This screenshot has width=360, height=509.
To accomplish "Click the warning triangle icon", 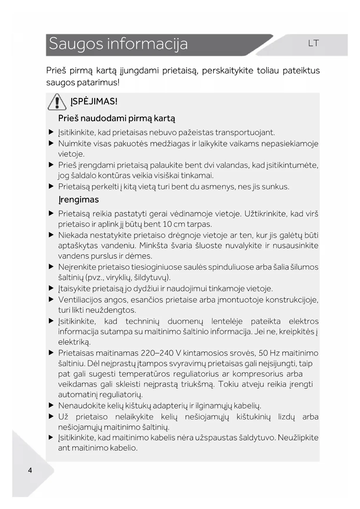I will [57, 102].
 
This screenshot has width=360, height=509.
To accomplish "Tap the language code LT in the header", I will [313, 44].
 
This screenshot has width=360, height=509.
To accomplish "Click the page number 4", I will [30, 470].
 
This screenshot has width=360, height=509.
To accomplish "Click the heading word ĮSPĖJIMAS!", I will [94, 102].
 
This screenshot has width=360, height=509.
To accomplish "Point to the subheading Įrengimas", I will [79, 200].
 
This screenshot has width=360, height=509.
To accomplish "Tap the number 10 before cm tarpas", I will [167, 224].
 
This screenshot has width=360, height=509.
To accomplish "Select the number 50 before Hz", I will [263, 353].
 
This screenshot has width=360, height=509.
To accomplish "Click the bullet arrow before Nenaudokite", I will [51, 405].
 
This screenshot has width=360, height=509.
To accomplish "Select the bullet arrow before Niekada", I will [51, 235].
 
